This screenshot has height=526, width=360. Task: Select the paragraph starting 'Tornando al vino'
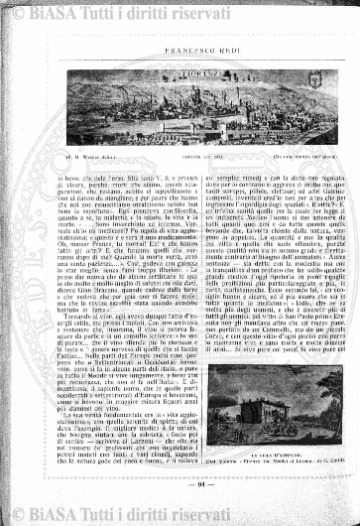(116, 317)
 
